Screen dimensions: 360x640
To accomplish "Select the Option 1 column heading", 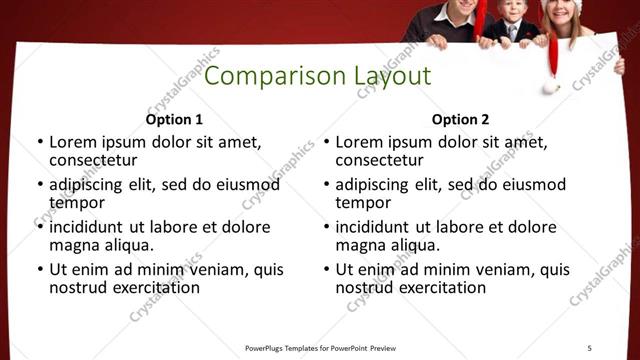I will point(174,119).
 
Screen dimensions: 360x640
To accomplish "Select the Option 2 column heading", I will point(461,119).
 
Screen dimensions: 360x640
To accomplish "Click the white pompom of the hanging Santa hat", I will point(551,87).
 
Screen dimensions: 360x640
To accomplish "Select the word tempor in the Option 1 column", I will point(76,202).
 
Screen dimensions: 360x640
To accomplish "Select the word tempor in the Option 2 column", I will point(362,202).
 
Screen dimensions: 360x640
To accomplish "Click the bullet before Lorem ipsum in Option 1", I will point(39,142).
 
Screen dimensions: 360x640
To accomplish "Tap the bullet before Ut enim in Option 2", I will point(326,270).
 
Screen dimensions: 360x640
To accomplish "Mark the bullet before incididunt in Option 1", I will point(39,227).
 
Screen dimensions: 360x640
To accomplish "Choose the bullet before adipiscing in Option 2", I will point(326,185).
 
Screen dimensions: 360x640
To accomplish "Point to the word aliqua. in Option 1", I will point(127,244).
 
